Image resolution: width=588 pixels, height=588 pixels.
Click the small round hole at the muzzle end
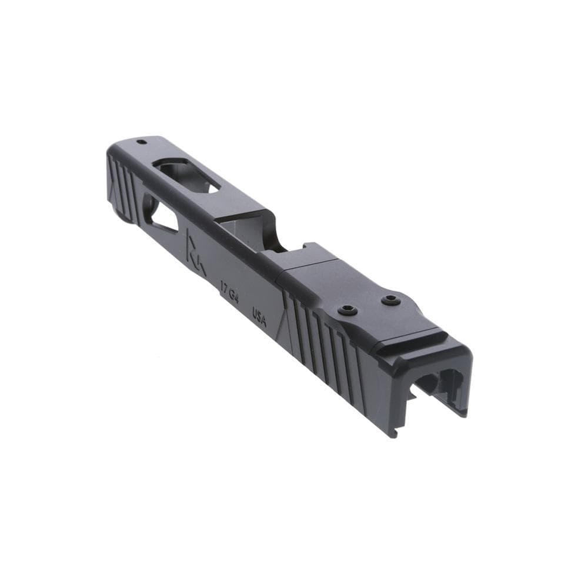tap(141, 142)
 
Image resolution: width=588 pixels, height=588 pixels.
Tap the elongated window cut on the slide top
tap(188, 175)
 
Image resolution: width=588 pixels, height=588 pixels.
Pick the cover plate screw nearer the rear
tap(390, 300)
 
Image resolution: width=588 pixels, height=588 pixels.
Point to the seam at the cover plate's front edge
tap(282, 273)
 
